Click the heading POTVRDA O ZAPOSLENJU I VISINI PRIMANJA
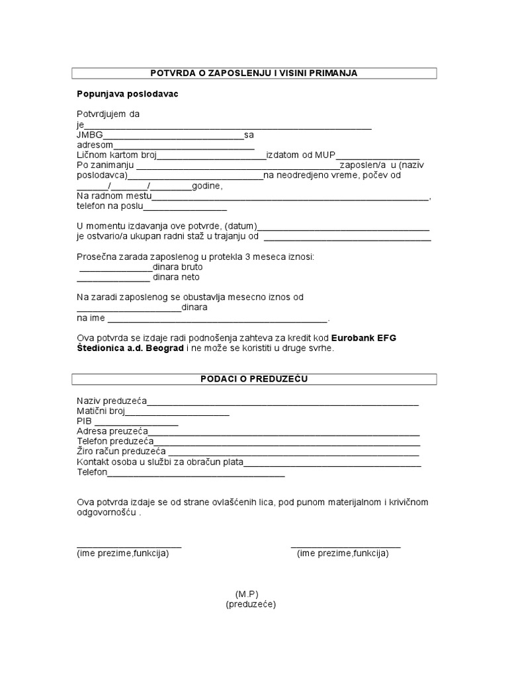coord(254,73)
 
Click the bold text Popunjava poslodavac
coord(128,94)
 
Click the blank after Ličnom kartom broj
coord(211,156)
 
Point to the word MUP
coord(325,155)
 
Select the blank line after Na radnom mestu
coord(290,197)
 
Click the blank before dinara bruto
coord(116,268)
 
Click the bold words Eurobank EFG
coord(363,338)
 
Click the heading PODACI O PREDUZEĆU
coord(254,379)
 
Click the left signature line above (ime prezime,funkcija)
coord(129,546)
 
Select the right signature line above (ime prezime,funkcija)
coord(345,546)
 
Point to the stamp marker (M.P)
coord(250,594)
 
